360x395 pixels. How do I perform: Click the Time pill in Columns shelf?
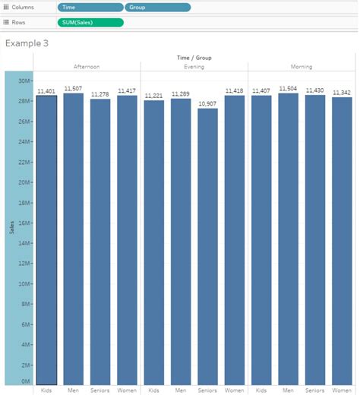90,7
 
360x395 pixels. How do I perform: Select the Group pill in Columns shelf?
157,7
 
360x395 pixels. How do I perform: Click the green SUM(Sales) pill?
90,22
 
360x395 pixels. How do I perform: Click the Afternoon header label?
87,67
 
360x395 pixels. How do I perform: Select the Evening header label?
194,67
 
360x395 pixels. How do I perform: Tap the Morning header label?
302,67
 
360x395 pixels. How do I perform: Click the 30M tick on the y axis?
24,81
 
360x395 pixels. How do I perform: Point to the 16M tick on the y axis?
24,223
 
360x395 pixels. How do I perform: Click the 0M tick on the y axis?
26,381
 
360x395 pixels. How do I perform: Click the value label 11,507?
74,88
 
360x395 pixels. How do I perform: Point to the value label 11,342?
342,92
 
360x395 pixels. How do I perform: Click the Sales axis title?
12,228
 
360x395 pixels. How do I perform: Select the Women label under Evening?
234,390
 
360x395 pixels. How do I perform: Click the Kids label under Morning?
261,390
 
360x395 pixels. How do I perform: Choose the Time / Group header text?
194,57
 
